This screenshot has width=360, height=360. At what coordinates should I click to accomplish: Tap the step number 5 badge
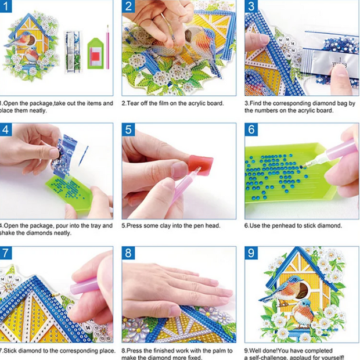128,129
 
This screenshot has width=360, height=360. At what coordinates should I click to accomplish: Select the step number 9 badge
251,253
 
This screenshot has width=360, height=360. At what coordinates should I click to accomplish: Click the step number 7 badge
5,253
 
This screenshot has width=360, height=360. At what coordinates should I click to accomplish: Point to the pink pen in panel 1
107,46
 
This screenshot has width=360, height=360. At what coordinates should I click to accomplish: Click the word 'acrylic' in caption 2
194,103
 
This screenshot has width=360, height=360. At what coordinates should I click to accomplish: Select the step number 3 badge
251,7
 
